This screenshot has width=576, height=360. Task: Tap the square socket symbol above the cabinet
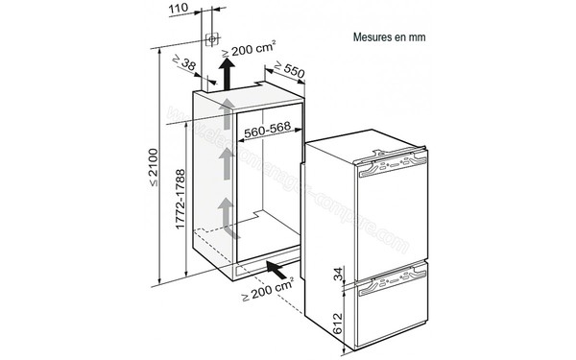point(212,40)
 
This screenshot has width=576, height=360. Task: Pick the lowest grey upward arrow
point(226,213)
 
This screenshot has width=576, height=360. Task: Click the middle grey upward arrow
point(226,165)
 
